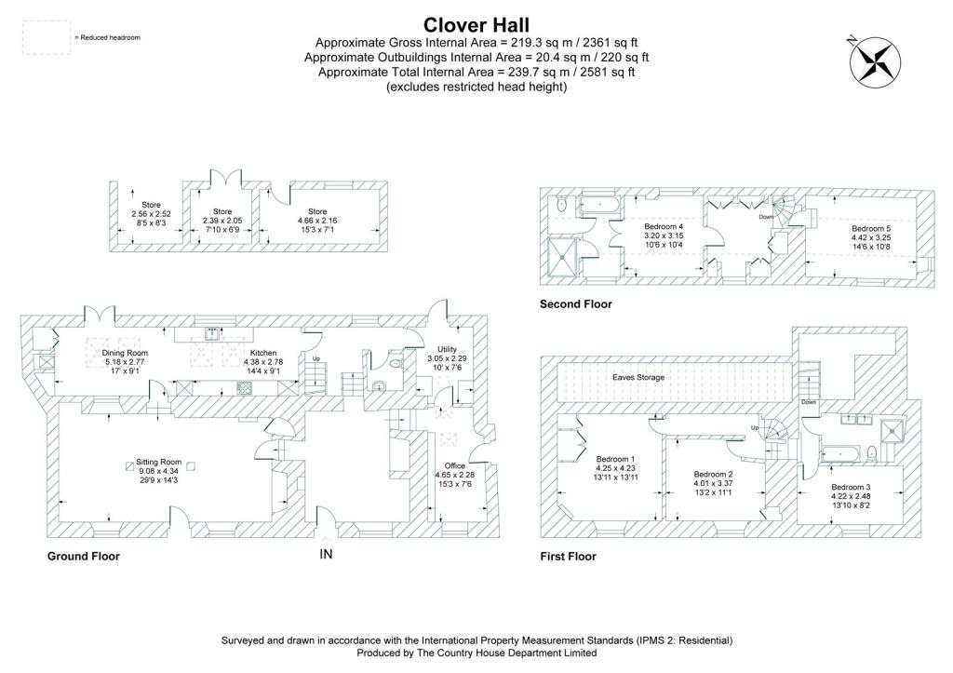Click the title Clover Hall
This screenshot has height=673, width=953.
tap(476, 24)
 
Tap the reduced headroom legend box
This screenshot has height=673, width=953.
tap(46, 37)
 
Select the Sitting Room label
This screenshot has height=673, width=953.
tap(158, 462)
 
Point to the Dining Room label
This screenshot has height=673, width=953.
tap(126, 353)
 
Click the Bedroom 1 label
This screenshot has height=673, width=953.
tap(615, 459)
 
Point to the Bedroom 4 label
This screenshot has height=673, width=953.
tap(664, 226)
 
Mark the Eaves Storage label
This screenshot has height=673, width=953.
tap(637, 378)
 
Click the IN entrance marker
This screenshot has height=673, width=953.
tap(326, 555)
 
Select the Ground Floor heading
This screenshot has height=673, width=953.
tap(84, 556)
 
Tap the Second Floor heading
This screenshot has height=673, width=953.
tap(576, 304)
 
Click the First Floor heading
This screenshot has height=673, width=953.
tap(568, 556)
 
